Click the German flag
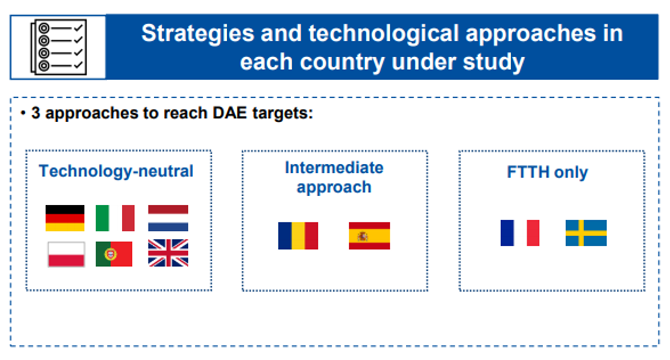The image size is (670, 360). point(65,218)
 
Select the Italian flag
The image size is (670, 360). point(115,218)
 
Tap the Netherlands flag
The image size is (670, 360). point(168,218)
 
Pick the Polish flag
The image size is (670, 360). point(66,254)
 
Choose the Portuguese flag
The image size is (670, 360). point(114,254)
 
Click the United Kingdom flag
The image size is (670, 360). point(168,253)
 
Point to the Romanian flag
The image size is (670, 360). point(299,236)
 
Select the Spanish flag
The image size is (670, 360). point(370,236)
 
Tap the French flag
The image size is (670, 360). point(520,233)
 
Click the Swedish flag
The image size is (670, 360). point(586,233)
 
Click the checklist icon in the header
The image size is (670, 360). point(58,47)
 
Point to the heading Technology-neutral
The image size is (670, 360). point(116,171)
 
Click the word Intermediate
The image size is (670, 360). point(334,168)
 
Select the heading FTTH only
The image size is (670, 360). point(547,172)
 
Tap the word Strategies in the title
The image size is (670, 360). point(198,33)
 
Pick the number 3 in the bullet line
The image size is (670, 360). point(36,113)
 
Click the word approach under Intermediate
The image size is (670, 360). point(334,187)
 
